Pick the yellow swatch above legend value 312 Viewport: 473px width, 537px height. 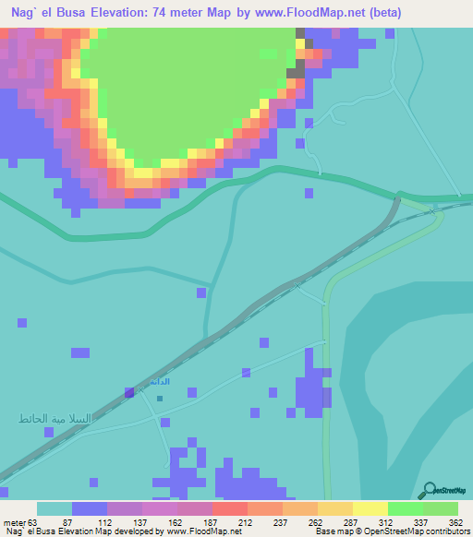point(370,508)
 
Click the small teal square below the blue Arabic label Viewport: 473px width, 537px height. point(160,400)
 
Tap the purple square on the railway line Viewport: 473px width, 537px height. point(129,392)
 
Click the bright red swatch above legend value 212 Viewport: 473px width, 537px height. point(229,508)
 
